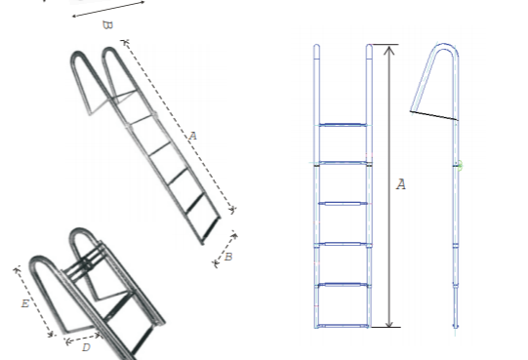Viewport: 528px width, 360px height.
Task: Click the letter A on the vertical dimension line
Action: coord(400,184)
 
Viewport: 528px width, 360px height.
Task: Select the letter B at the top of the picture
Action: coord(107,24)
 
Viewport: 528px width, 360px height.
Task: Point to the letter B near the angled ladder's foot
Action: coord(227,257)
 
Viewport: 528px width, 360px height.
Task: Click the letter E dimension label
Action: coord(24,303)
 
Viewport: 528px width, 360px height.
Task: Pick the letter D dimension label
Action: coord(86,345)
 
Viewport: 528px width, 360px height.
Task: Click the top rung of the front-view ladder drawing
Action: coord(343,125)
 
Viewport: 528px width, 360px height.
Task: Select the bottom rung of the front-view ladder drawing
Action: coord(343,323)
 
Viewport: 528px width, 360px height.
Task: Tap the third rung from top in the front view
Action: coord(343,204)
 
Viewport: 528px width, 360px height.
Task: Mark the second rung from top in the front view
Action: coord(343,164)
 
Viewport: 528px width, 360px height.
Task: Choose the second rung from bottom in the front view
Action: coord(343,284)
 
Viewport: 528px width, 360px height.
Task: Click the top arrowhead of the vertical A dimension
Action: coord(389,47)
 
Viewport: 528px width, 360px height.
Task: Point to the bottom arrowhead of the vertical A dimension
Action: coord(389,324)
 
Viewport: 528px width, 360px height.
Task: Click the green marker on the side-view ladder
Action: coord(459,166)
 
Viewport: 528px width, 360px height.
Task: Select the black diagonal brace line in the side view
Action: coord(434,114)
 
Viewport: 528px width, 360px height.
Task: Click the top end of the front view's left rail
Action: coord(317,47)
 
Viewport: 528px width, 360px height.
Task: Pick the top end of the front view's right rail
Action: coord(369,47)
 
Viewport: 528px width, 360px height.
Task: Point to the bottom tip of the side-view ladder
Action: coord(456,326)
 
